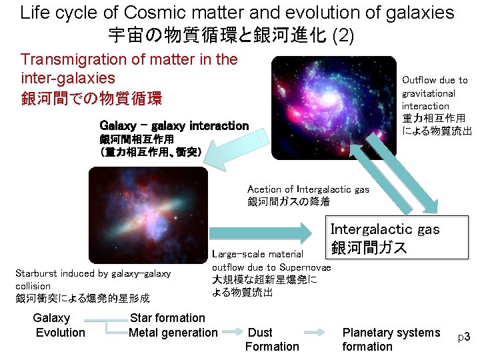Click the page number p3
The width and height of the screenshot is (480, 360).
point(464,337)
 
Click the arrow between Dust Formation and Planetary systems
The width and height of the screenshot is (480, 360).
point(321,331)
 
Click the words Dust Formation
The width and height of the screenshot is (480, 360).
point(272,339)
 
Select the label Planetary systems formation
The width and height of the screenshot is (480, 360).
point(391,339)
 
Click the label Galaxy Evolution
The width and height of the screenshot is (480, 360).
point(59,325)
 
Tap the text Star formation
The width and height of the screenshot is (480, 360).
point(167,318)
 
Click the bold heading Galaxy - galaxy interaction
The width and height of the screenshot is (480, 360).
point(173,125)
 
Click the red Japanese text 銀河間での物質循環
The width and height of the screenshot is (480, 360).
point(91,99)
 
